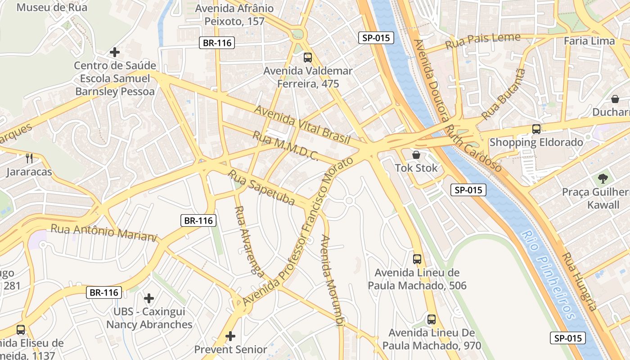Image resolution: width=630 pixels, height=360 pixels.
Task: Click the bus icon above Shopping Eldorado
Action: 536,129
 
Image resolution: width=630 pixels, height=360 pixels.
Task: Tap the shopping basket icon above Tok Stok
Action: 416,155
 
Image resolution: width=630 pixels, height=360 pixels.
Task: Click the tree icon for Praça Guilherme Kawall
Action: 603,179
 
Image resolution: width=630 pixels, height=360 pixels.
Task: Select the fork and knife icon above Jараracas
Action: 29,158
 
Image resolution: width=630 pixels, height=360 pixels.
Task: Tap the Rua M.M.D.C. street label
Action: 285,146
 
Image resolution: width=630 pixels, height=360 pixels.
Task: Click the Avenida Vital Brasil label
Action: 302,125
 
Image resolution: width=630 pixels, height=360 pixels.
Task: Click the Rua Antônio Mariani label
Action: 103,232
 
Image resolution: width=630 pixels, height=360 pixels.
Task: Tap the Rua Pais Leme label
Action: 482,41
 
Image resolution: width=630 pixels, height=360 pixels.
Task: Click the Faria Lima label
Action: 589,41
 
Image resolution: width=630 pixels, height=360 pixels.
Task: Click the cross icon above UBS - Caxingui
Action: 149,298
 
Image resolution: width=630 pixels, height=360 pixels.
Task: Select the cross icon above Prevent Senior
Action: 230,336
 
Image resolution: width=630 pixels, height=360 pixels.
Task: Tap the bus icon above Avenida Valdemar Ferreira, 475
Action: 308,58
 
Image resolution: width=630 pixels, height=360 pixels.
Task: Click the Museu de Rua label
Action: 52,7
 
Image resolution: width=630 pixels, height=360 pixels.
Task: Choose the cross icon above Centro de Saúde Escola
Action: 115,52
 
